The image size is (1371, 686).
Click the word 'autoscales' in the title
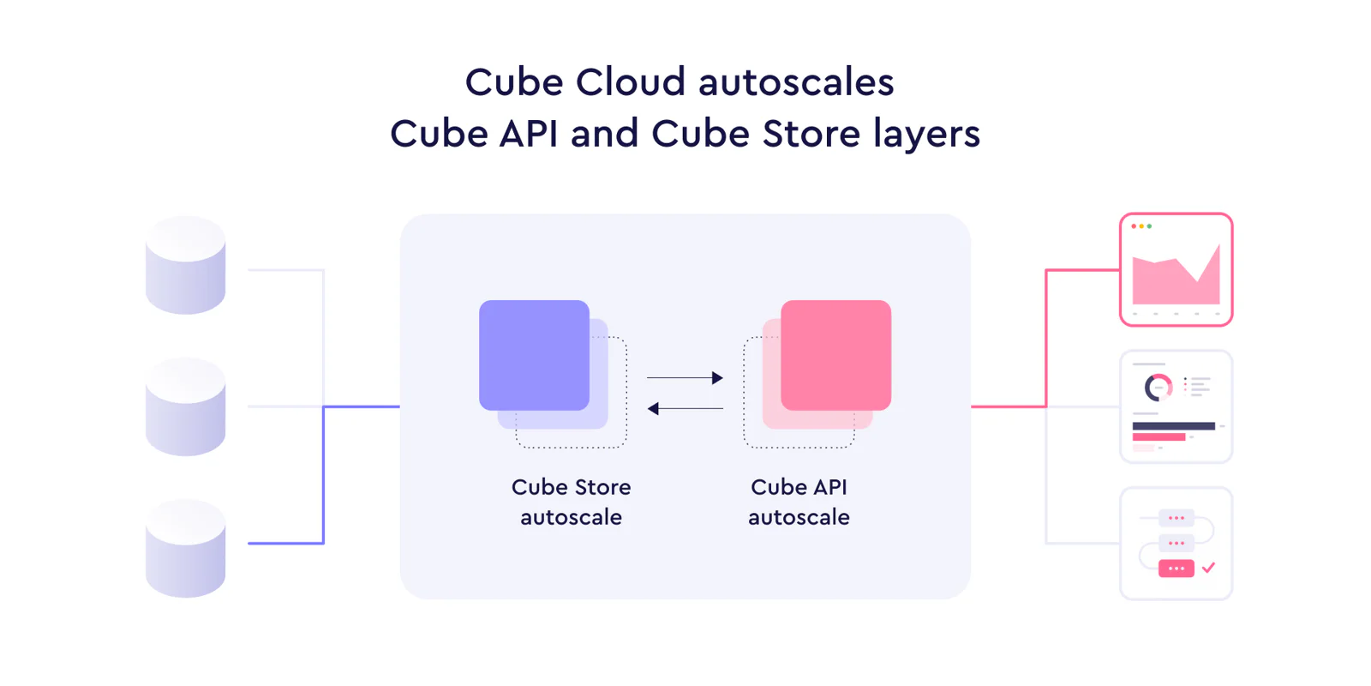point(796,82)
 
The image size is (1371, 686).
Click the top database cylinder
point(185,265)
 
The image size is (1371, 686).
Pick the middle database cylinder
point(185,406)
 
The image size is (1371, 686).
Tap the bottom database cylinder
point(185,548)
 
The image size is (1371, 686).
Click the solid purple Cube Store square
point(535,355)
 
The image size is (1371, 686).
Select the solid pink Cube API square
point(836,355)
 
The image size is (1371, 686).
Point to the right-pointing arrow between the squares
point(685,377)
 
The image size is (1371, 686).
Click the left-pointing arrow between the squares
point(685,408)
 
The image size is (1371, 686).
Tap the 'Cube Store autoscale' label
point(571,502)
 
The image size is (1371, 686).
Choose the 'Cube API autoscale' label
point(799,502)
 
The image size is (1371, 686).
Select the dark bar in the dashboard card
point(1174,425)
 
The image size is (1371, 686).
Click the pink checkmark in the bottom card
point(1208,568)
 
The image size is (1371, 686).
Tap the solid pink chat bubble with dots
point(1176,569)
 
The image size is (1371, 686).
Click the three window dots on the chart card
point(1141,226)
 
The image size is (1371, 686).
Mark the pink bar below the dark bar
point(1158,436)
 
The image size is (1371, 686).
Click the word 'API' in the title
point(529,134)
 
